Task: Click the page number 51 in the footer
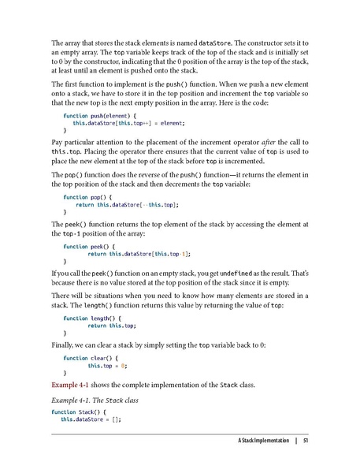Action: (305, 439)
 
